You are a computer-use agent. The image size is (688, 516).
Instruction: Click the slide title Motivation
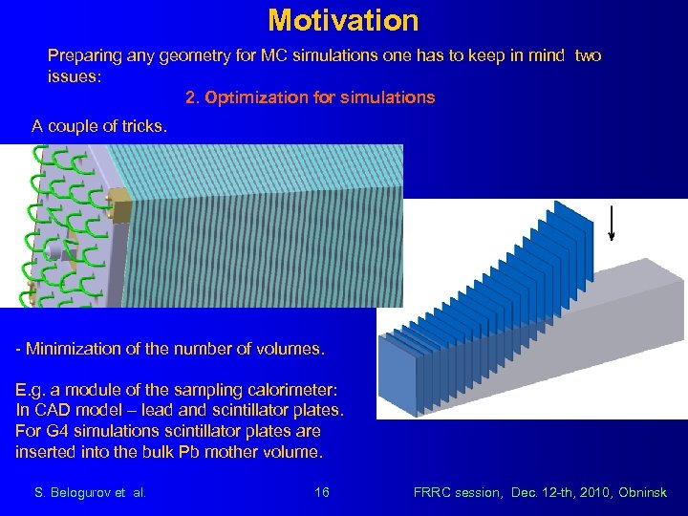(x=343, y=20)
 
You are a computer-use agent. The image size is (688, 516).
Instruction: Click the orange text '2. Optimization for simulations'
(x=310, y=97)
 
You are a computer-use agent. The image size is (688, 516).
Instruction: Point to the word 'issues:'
(x=75, y=76)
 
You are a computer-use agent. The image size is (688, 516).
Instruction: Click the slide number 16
(x=322, y=492)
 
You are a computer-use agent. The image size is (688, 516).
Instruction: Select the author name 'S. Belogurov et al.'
(x=90, y=492)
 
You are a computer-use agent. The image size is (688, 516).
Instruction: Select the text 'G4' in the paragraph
(x=54, y=431)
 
